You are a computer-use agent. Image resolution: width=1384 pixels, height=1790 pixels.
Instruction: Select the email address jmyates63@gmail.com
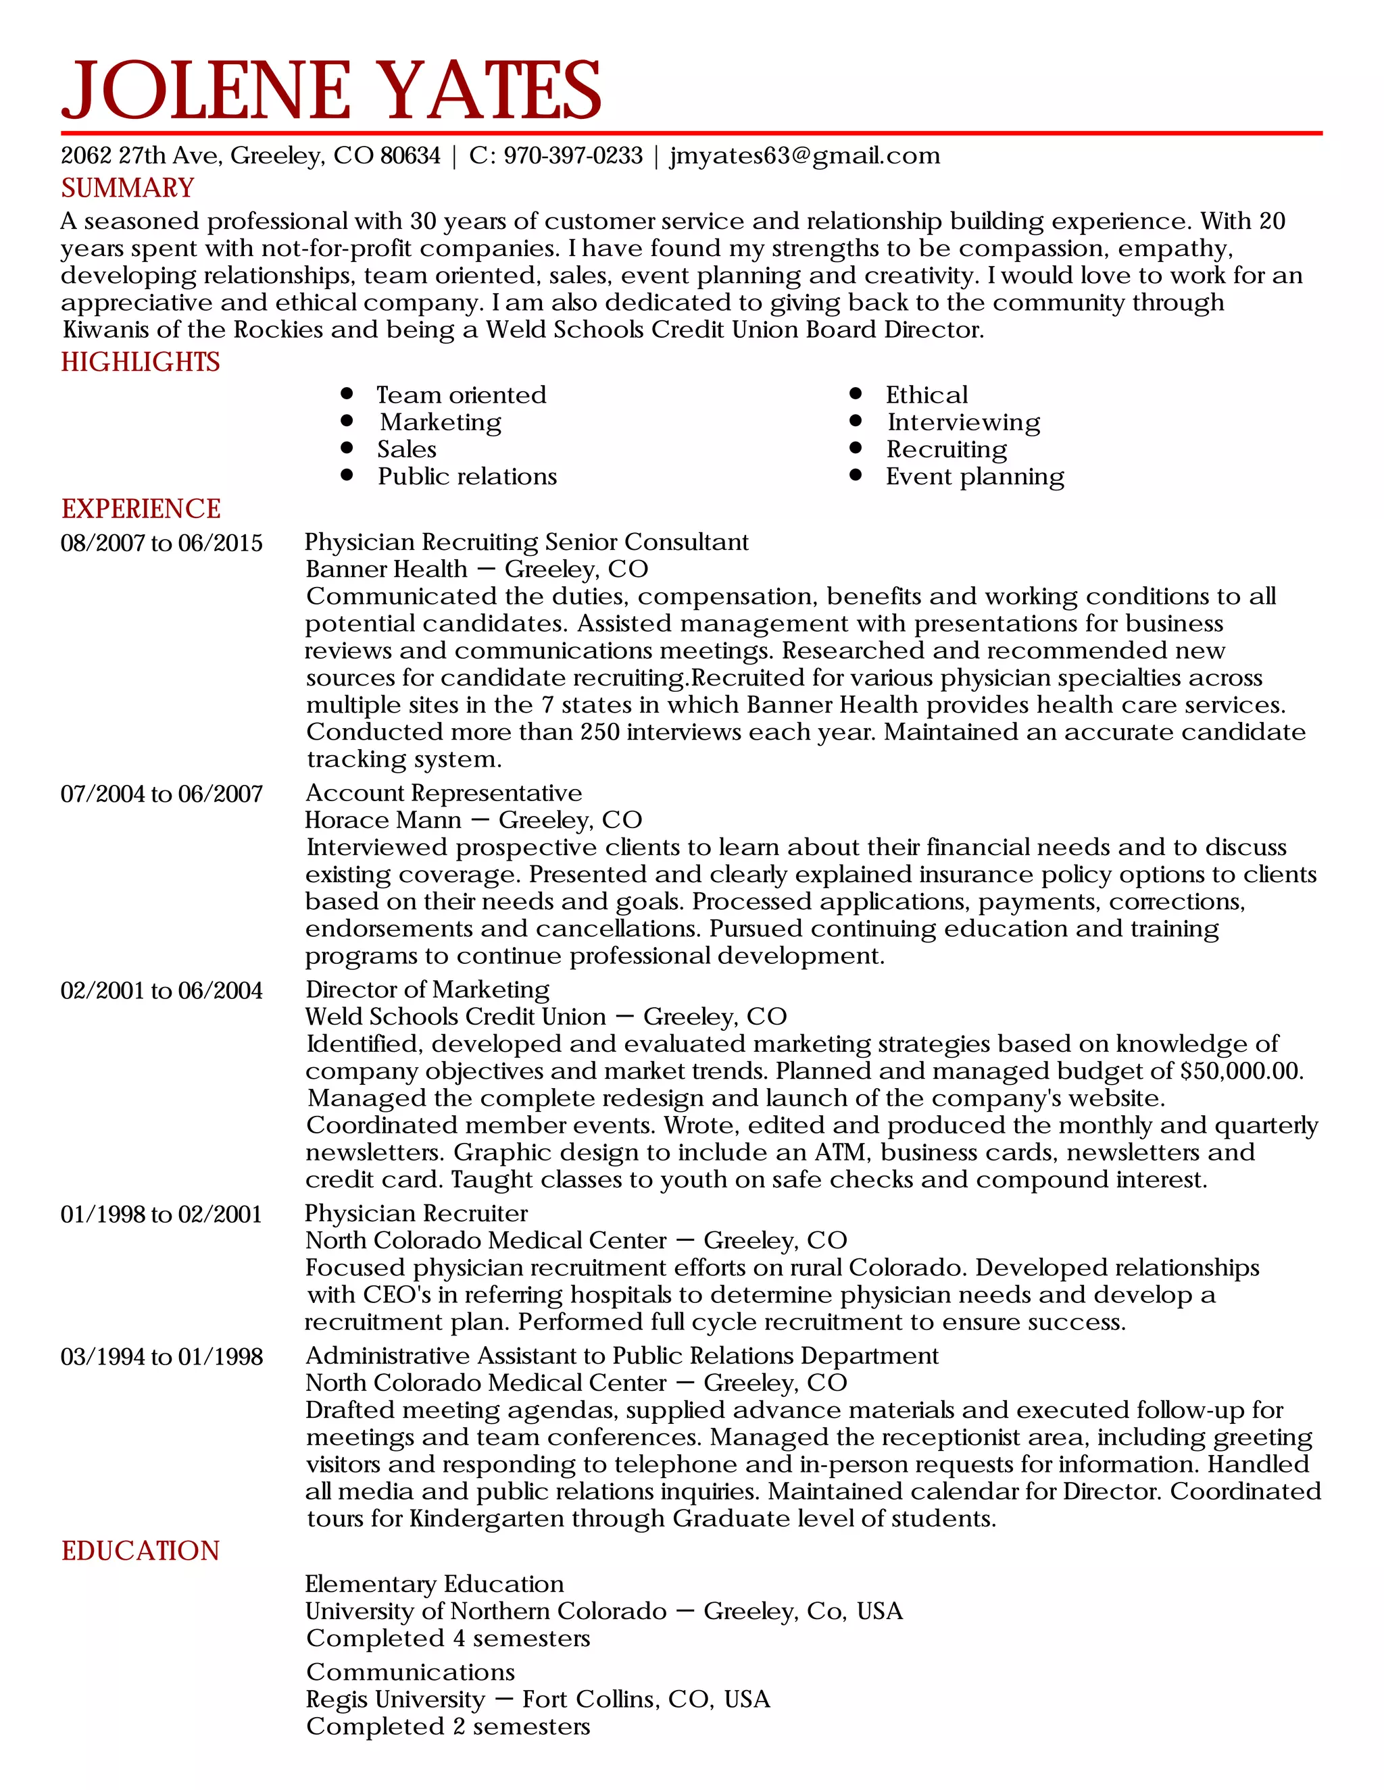(804, 156)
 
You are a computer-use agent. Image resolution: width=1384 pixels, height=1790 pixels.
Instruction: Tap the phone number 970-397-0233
(572, 156)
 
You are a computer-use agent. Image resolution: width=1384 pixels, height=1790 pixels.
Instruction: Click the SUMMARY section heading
(128, 188)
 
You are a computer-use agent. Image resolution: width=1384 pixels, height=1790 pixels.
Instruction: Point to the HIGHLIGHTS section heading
(140, 362)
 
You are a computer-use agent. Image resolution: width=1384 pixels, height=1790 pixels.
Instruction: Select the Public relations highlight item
(466, 476)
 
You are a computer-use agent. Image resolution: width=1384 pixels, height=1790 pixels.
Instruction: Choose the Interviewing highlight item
(964, 422)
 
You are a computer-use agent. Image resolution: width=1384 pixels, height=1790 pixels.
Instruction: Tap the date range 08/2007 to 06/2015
(162, 543)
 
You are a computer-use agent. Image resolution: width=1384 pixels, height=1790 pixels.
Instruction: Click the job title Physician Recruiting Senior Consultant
(526, 542)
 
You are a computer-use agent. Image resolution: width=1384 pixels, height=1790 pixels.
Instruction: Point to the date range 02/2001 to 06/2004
(162, 991)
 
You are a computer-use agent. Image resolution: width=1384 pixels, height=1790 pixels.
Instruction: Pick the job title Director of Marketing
(427, 990)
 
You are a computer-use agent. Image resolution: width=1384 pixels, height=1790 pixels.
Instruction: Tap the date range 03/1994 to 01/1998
(162, 1357)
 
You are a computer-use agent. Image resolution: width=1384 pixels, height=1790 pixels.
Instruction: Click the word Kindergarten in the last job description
(488, 1518)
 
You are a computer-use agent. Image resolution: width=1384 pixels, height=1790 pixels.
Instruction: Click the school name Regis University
(395, 1699)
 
